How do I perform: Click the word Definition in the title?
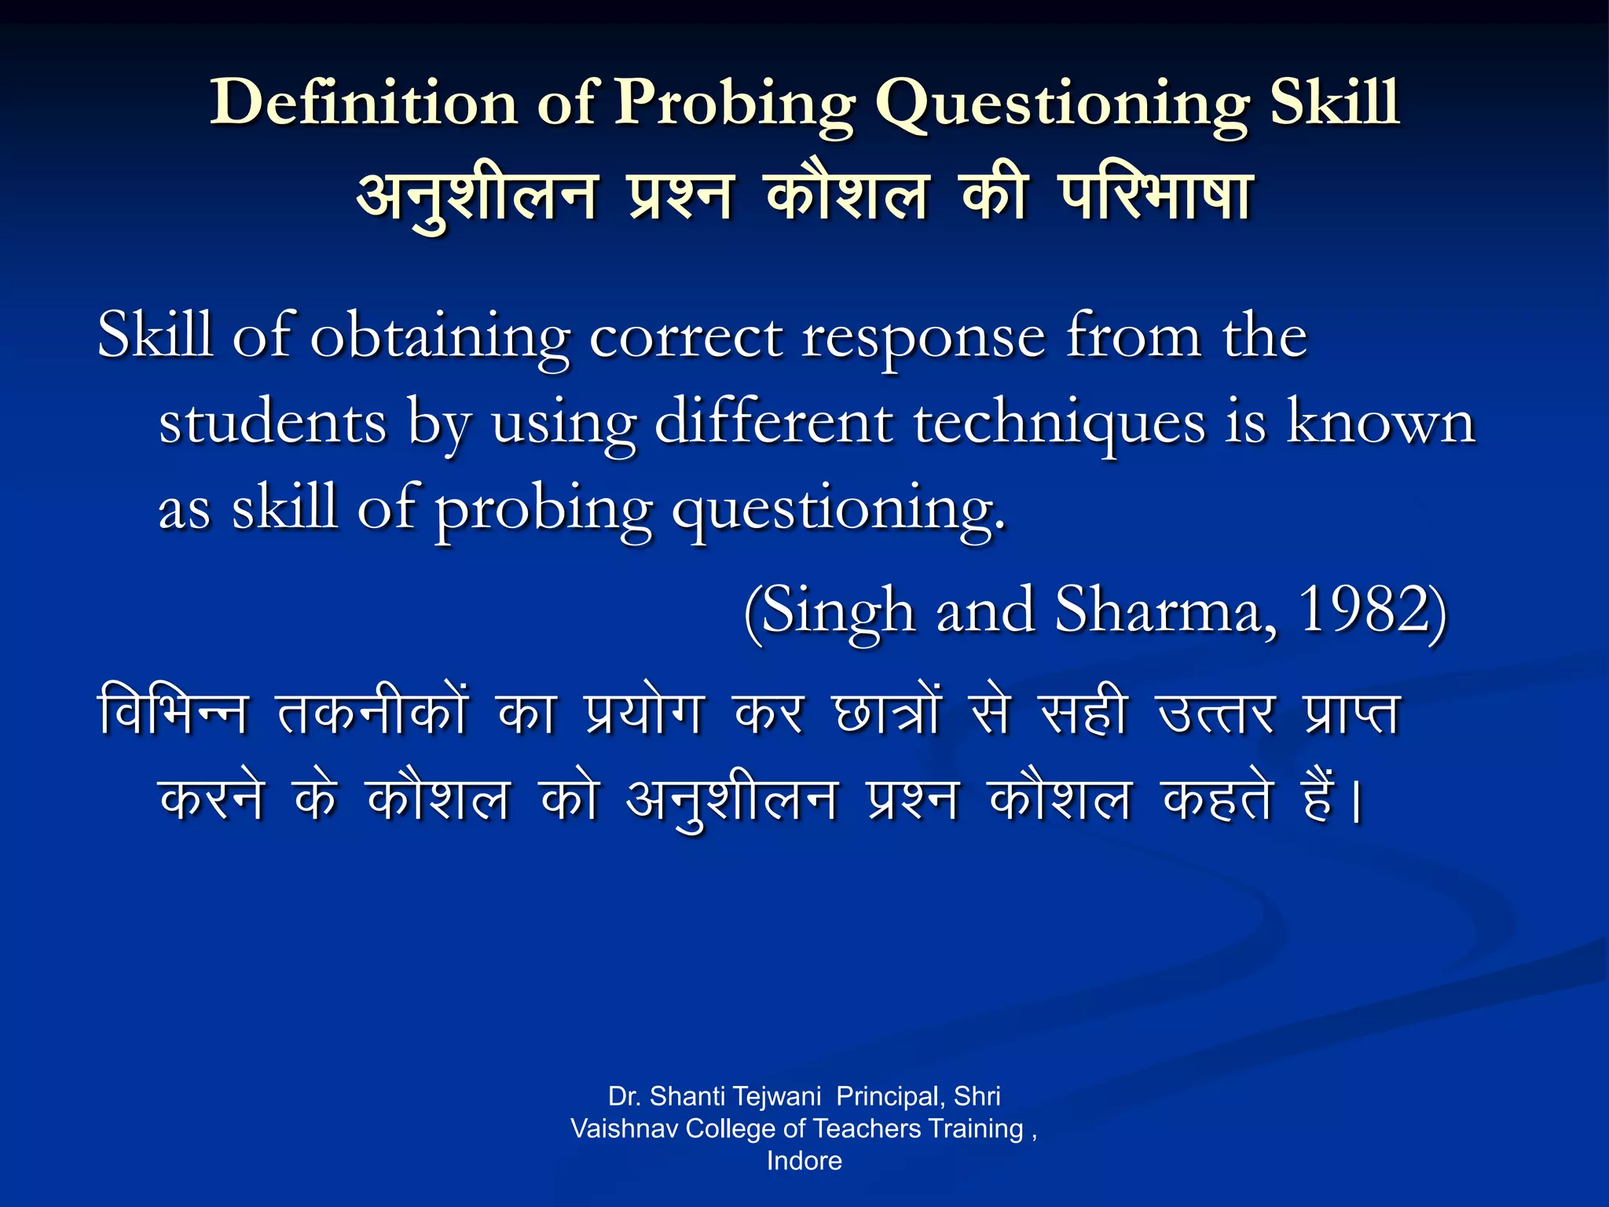(x=363, y=102)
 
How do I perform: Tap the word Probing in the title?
(x=734, y=104)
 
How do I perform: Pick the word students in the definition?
(x=273, y=423)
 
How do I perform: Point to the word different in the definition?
(x=774, y=423)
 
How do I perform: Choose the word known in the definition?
(x=1380, y=423)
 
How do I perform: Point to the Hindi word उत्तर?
(x=1215, y=714)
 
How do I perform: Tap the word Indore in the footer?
(x=804, y=1161)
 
